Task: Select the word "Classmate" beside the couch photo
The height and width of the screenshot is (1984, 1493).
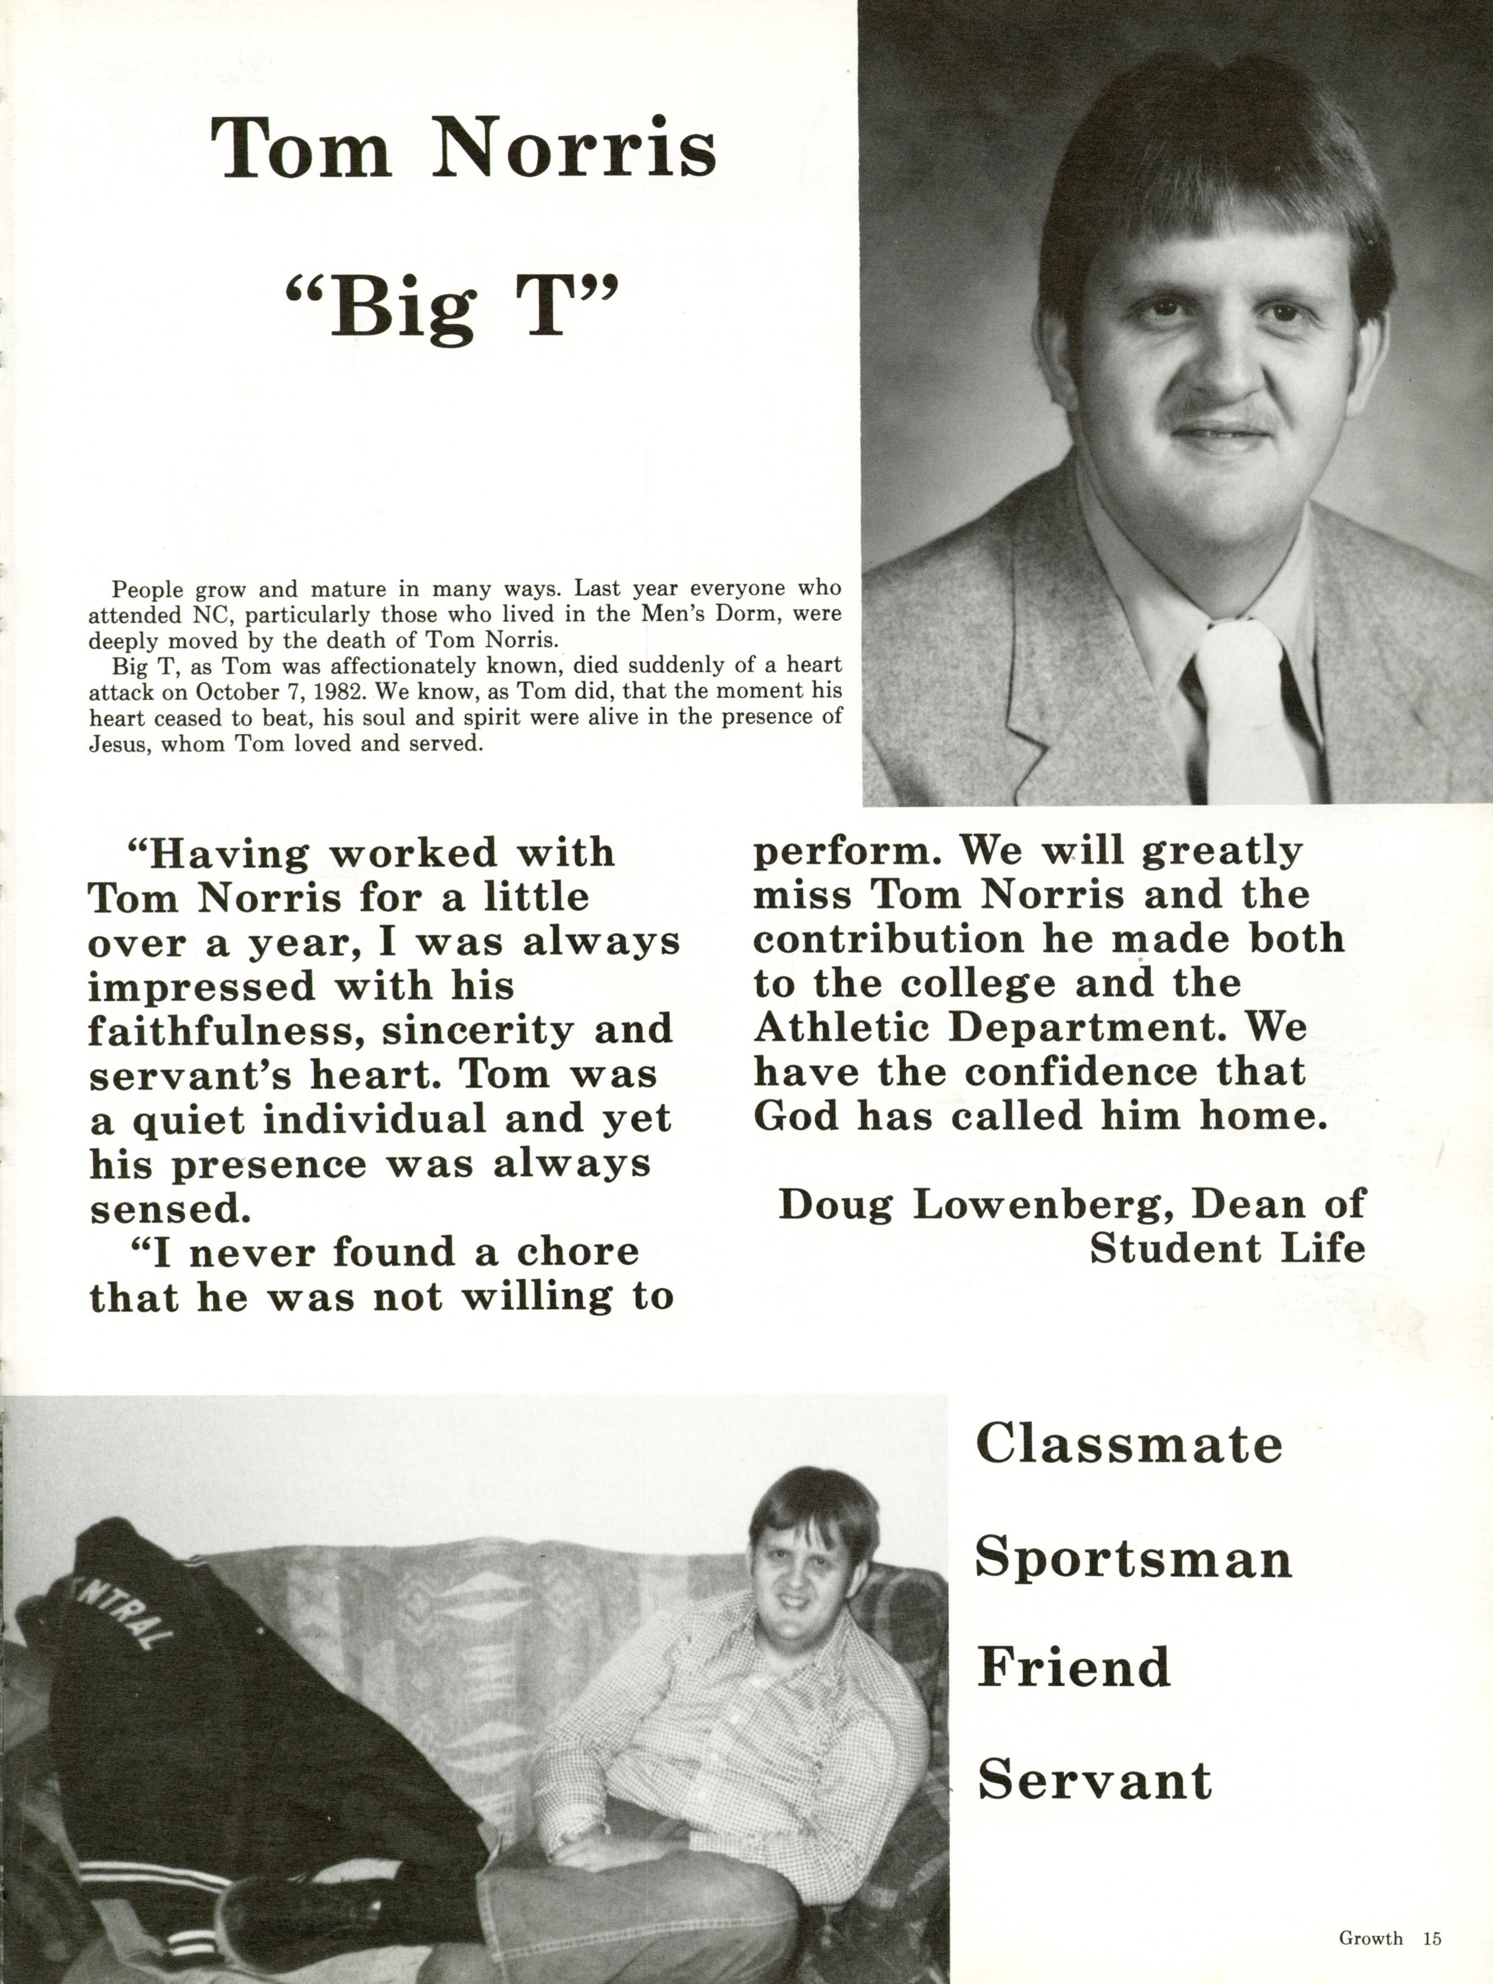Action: pos(1129,1444)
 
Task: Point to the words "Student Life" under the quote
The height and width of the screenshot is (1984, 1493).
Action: pos(1226,1249)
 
